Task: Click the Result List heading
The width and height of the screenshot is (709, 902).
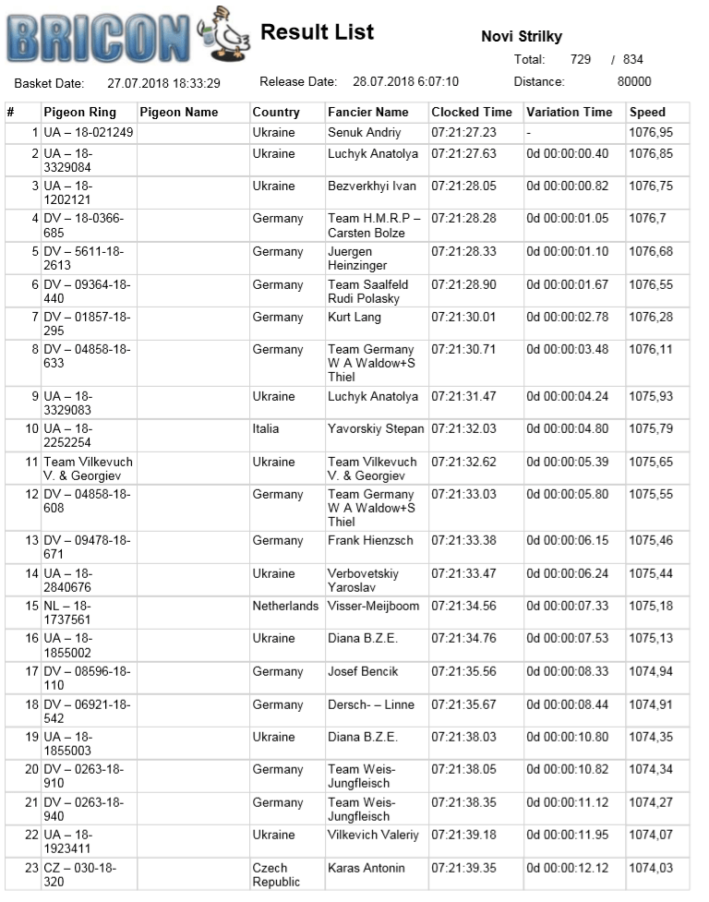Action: [x=317, y=32]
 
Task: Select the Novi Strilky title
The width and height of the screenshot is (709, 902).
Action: [x=522, y=37]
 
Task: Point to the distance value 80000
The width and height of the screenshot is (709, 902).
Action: [x=634, y=81]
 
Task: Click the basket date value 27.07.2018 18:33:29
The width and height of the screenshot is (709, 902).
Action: [x=164, y=83]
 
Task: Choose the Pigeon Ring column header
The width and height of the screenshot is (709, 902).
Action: [x=80, y=113]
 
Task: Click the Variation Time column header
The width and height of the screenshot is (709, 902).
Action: [x=569, y=113]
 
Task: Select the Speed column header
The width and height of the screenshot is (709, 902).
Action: [x=647, y=113]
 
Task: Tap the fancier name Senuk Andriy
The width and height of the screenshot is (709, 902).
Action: [x=365, y=133]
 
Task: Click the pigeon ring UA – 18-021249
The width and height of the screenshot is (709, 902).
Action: [x=89, y=133]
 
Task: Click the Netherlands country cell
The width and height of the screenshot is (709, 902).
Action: [x=286, y=607]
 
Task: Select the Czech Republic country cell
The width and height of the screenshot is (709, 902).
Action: [x=277, y=875]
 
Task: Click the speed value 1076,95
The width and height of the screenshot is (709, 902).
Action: [x=651, y=133]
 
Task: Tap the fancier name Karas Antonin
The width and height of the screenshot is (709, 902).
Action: [x=367, y=869]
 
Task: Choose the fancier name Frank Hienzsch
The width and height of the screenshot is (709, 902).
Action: [x=370, y=541]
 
